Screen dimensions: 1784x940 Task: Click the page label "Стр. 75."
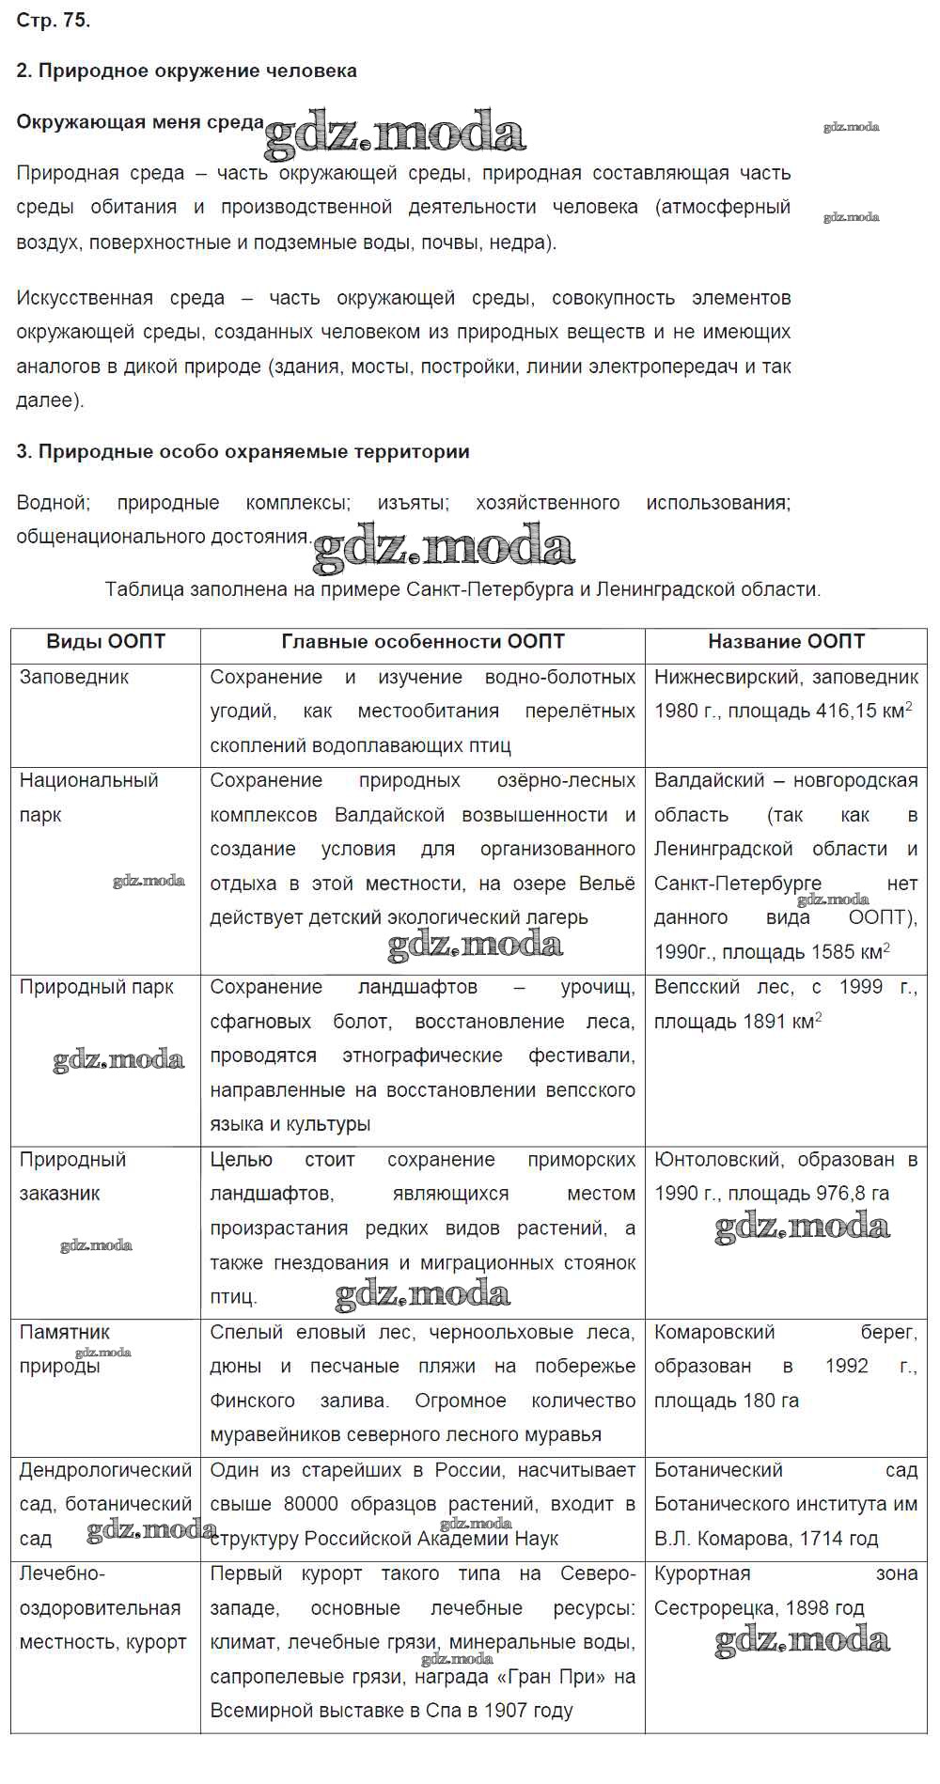pos(54,21)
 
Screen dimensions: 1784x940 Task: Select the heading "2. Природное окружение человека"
pos(187,70)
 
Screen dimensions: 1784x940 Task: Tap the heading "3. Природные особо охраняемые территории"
pos(243,451)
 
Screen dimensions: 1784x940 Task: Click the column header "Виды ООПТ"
pos(105,642)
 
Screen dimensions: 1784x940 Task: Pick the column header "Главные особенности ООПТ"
pos(423,642)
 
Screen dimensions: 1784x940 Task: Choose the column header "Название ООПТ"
pos(786,642)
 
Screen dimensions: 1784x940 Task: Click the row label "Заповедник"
pos(74,677)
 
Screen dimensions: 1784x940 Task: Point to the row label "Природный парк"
pos(96,987)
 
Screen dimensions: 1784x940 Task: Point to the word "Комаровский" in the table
pos(714,1332)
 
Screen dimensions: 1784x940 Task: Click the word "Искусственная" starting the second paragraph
pos(85,298)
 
